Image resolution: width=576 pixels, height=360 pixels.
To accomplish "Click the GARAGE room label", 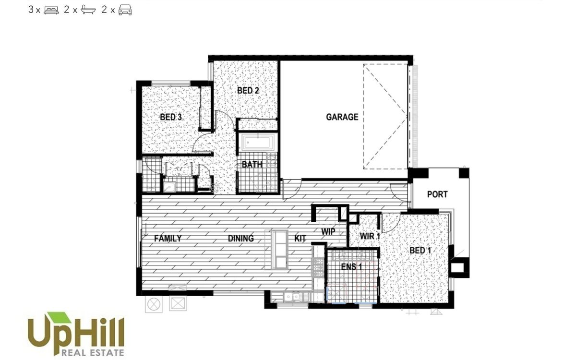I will click(x=342, y=117).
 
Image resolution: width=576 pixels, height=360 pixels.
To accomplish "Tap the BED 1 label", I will click(x=420, y=250).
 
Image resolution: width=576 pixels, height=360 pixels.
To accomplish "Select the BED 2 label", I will click(x=248, y=90).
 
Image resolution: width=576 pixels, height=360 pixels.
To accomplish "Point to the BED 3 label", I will click(x=171, y=117).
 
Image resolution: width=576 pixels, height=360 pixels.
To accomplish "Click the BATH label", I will click(x=252, y=164).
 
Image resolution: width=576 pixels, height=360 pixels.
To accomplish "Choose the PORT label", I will click(x=437, y=194).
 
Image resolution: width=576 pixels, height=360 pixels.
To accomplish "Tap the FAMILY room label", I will click(x=168, y=238).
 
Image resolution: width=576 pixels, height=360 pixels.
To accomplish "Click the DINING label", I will click(x=241, y=238).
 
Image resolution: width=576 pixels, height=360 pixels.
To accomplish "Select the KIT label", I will click(x=300, y=238).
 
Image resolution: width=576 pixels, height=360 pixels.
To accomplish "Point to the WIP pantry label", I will click(x=328, y=231).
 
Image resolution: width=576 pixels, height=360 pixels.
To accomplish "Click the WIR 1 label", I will click(x=370, y=236).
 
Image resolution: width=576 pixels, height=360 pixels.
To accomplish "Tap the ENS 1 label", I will click(x=351, y=267).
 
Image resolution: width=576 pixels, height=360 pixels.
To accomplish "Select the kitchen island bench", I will click(x=278, y=249).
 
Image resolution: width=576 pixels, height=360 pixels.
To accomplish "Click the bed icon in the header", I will click(x=51, y=10).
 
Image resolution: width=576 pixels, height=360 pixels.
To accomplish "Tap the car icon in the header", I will click(x=125, y=10).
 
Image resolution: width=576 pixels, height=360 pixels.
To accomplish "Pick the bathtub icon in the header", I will click(x=87, y=10).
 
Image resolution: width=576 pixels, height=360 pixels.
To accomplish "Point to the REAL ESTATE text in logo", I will click(x=93, y=353).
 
